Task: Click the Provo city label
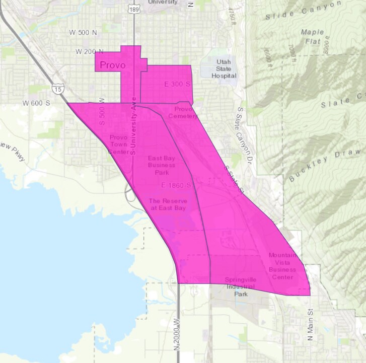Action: click(x=112, y=65)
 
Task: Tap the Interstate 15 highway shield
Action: click(x=58, y=89)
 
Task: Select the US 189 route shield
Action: click(x=134, y=9)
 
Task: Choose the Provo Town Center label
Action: click(x=119, y=144)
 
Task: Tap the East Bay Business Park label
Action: click(x=162, y=165)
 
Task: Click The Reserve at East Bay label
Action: click(x=167, y=204)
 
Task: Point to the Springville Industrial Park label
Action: click(x=241, y=286)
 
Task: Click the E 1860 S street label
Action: click(x=177, y=185)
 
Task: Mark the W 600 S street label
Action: click(x=36, y=103)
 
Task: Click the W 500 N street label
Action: click(x=83, y=33)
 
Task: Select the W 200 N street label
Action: click(x=90, y=51)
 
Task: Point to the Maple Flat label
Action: click(x=312, y=36)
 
